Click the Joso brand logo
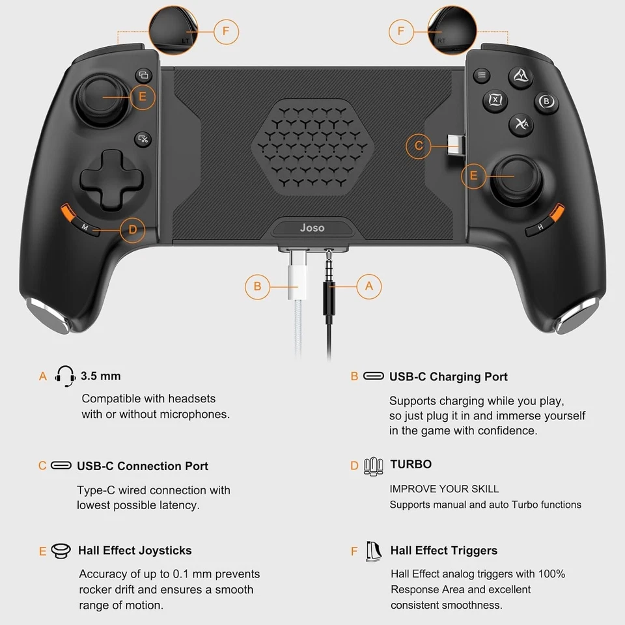pos(312,228)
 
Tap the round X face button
pos(495,100)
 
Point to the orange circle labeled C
pos(419,146)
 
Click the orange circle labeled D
pos(133,229)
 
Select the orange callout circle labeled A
pos(369,285)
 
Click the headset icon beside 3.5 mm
pos(66,376)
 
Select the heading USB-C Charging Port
pos(448,376)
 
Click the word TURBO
pos(411,464)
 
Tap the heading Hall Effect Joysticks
pos(135,550)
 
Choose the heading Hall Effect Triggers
pos(443,550)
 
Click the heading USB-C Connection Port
pos(143,465)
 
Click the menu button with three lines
pos(482,76)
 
